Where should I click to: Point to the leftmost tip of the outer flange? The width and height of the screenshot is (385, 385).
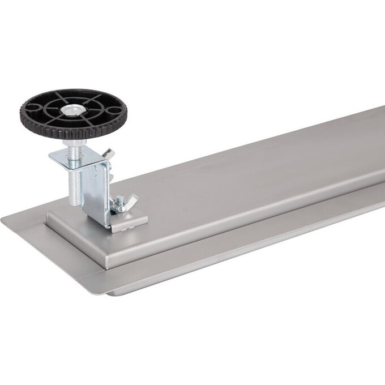tap(2, 219)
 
